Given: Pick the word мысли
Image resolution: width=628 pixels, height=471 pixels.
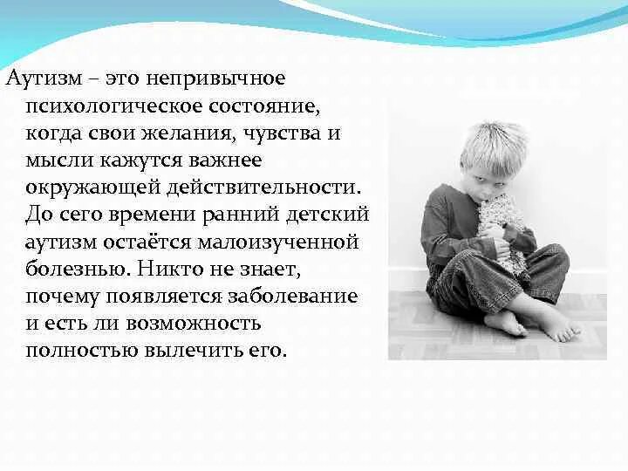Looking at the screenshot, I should pyautogui.click(x=54, y=160).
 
